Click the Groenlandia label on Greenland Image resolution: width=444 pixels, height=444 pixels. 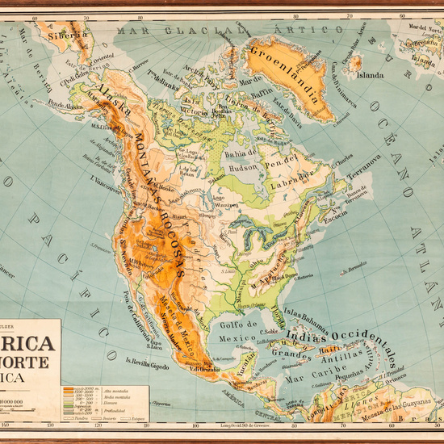[282, 60]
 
